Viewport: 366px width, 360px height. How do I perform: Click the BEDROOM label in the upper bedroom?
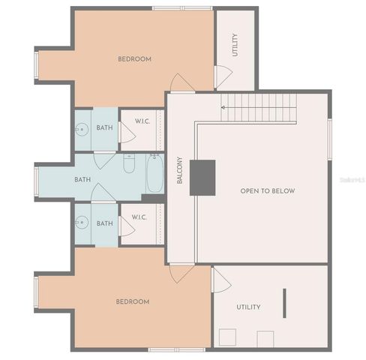[x=135, y=59]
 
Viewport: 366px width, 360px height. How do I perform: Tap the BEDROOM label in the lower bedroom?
[x=132, y=301]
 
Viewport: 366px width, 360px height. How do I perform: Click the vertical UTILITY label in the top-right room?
[x=235, y=45]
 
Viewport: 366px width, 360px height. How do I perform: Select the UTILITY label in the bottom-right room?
[x=248, y=307]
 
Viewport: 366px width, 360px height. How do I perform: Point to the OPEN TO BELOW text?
[x=267, y=191]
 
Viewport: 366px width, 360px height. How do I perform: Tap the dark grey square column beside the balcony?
[x=202, y=178]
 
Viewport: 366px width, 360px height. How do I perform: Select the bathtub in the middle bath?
[x=154, y=174]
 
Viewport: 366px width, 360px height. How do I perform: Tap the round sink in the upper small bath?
[x=82, y=129]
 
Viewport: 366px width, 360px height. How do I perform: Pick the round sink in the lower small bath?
[x=82, y=222]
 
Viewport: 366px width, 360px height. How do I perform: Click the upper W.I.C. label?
[x=144, y=121]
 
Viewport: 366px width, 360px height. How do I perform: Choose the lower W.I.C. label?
[x=140, y=217]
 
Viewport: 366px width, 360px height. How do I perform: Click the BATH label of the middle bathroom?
[x=82, y=179]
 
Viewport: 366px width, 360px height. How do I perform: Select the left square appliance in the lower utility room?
[x=226, y=338]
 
